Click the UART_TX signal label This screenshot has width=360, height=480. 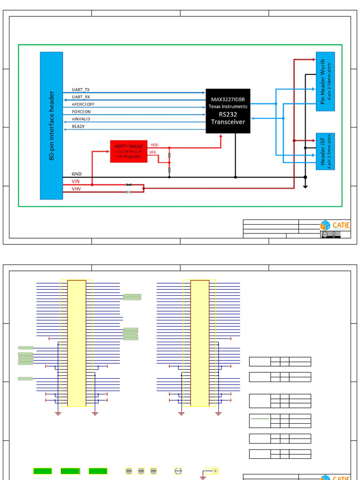(81, 90)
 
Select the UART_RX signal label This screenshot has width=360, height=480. (81, 97)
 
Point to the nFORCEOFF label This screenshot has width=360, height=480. (82, 105)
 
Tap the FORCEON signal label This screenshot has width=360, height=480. (81, 112)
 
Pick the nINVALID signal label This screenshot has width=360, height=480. (81, 119)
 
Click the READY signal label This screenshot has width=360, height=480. (78, 127)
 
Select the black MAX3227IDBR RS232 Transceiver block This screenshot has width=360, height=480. (228, 111)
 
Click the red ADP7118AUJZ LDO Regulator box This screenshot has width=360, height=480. (128, 151)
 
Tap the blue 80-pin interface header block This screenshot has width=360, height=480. (52, 126)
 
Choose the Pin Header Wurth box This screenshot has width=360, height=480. (325, 84)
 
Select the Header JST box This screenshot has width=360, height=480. (325, 151)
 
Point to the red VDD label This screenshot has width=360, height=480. (154, 145)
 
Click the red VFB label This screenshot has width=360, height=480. (153, 152)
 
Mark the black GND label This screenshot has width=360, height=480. (76, 174)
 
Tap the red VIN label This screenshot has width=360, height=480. (75, 181)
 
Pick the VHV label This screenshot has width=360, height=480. (76, 189)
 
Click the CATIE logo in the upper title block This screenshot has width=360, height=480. (335, 225)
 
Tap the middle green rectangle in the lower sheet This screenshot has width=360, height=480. (70, 471)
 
